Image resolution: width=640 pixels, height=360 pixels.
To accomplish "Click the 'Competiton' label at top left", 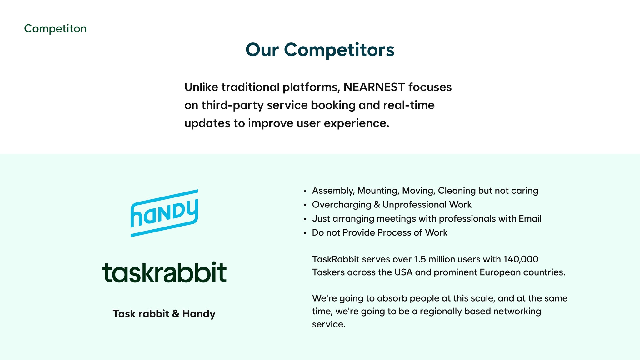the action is [x=55, y=29].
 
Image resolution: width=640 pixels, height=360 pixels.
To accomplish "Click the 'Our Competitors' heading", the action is [x=320, y=50].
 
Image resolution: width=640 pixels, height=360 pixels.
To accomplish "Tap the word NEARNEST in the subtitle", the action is [x=374, y=87].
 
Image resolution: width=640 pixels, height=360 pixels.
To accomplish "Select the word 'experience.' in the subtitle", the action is [x=357, y=123].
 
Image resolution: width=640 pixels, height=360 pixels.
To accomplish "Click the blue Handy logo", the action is [x=164, y=213].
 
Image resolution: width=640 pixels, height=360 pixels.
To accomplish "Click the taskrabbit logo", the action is [x=164, y=272].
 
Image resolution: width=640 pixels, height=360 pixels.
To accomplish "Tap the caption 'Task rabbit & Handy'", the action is [x=164, y=314].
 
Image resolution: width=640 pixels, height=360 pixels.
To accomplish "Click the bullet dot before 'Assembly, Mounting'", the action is [x=305, y=191].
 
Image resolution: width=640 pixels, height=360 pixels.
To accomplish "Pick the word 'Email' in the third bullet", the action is [x=530, y=218].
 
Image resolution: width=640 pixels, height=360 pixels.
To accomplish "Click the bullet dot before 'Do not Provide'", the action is [x=305, y=233].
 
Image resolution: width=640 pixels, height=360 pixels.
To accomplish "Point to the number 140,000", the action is [x=521, y=259].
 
